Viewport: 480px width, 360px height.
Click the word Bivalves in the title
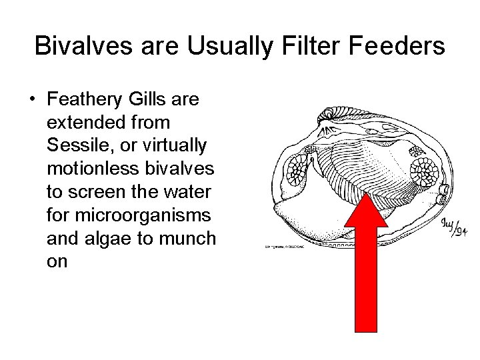coord(77,47)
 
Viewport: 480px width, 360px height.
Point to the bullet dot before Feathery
coord(31,100)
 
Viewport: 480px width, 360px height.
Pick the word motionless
coord(89,169)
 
